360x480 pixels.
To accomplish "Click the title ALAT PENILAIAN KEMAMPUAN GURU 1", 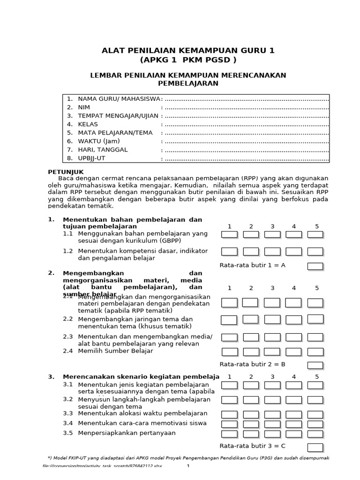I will click(188, 51).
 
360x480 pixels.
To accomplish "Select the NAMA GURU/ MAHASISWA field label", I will click(120, 99).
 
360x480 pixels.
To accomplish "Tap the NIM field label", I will click(84, 107).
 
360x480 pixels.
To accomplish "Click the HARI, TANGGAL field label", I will click(103, 150).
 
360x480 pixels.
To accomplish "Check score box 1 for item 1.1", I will click(229, 234).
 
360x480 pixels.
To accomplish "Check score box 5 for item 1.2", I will click(315, 252).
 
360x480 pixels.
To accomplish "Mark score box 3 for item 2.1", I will click(272, 302).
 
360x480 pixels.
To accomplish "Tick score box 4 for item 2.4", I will click(293, 352).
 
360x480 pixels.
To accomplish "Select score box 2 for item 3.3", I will click(251, 414).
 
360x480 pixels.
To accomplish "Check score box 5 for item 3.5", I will click(315, 434).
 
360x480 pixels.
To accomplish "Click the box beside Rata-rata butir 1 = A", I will click(315, 266).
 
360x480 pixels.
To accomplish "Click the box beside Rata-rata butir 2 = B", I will click(315, 365).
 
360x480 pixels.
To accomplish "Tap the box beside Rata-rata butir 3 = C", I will click(315, 447).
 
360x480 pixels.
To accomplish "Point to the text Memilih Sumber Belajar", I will click(115, 351).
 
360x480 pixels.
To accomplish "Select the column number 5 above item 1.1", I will click(316, 226).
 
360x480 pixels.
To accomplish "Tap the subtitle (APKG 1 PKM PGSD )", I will click(188, 60).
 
